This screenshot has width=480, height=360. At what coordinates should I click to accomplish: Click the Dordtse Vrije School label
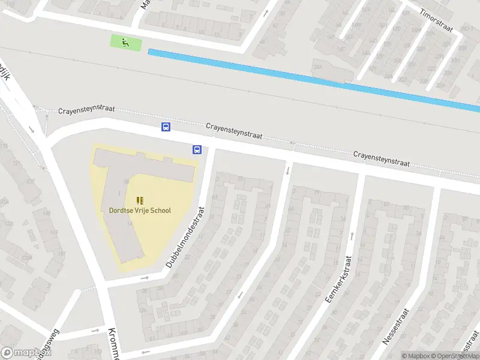pos(140,211)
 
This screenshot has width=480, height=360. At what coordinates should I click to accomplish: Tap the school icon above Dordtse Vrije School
pos(140,200)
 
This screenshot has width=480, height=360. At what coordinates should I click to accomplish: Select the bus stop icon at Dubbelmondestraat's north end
pos(196,149)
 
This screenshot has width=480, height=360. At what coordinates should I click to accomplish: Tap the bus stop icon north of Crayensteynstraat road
pos(166,127)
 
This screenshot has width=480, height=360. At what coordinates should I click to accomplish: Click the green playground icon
pos(125,42)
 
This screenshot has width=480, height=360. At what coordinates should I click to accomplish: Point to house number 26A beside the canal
pos(317,67)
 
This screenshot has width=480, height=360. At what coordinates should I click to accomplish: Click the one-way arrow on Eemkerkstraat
pos(352,235)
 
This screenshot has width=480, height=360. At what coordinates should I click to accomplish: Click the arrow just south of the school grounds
pos(144,278)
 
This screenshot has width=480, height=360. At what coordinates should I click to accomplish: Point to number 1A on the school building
pos(130,224)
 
